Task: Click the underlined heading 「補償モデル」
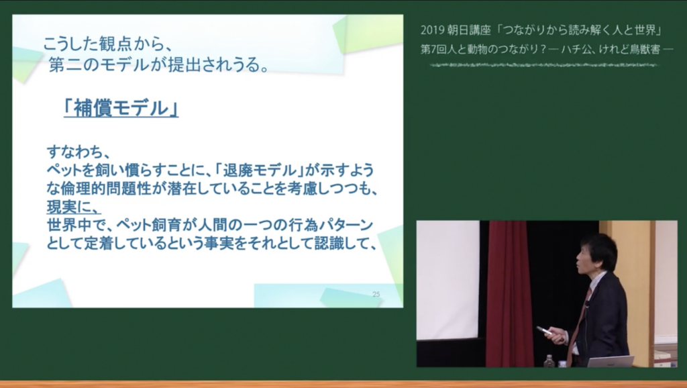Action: coord(121,108)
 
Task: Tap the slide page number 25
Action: coord(376,294)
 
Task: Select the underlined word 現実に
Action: coord(73,207)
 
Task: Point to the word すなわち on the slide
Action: coord(77,152)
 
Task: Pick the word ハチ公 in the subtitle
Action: coord(574,49)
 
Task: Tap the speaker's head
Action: coord(596,255)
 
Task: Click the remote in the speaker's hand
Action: coord(545,331)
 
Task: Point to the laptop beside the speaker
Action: coord(611,362)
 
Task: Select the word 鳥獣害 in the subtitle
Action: coord(645,49)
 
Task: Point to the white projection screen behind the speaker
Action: coord(447,280)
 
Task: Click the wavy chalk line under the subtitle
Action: coord(543,65)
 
